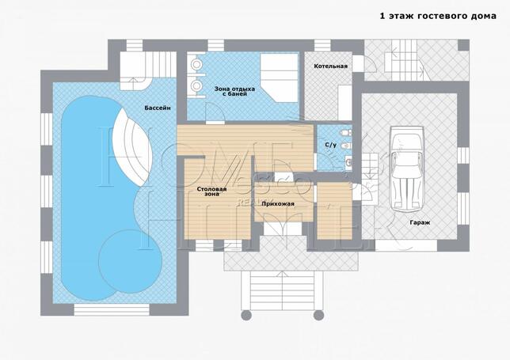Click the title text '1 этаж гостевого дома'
point(438,16)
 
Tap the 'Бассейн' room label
point(158,108)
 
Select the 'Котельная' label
point(330,66)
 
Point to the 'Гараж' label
point(420,223)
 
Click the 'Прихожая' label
point(278,204)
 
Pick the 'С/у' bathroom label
point(331,146)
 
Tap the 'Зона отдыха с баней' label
point(234,91)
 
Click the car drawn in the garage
point(408,169)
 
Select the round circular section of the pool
point(131,261)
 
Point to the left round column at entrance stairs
point(246,315)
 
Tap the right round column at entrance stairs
point(318,315)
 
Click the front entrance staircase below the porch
point(282,290)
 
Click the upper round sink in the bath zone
point(196,65)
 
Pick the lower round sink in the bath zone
point(196,85)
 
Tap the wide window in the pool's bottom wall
point(112,310)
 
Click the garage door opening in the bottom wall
point(406,245)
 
